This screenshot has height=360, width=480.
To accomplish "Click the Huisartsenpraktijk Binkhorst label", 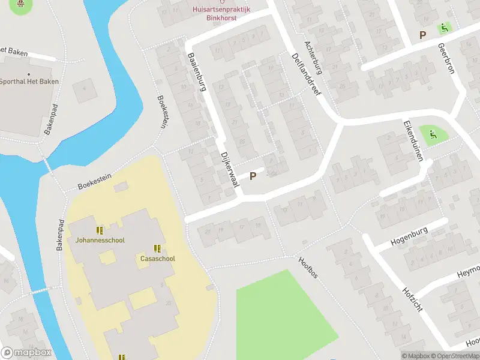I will [222, 14].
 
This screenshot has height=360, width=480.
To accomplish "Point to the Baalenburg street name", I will [197, 73].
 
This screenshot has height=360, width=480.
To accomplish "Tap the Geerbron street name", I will [446, 58].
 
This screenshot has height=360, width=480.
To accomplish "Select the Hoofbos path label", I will [308, 268].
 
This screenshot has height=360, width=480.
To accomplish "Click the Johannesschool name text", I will [100, 240].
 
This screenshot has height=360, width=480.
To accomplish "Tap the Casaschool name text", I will [158, 259].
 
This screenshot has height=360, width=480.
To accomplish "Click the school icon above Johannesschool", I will [100, 230].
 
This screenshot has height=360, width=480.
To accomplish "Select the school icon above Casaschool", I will [158, 248].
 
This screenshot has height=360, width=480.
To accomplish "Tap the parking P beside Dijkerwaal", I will [253, 176].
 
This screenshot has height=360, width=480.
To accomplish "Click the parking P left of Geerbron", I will [423, 35].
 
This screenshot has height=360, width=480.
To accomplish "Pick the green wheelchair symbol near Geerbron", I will [445, 27].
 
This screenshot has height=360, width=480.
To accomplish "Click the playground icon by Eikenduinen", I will [430, 134].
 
